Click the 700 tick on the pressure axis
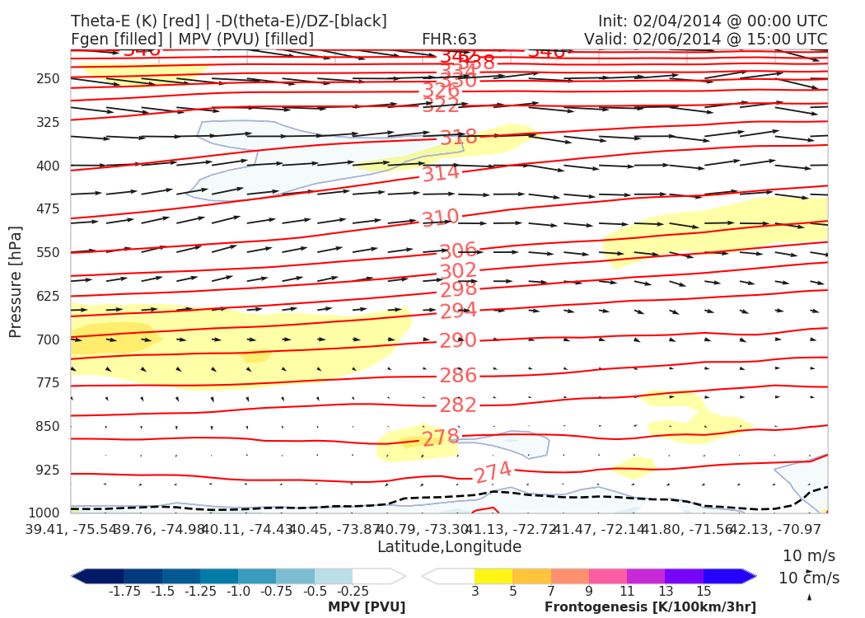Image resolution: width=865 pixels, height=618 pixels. coord(49,339)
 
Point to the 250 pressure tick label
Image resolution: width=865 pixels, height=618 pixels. coord(49,79)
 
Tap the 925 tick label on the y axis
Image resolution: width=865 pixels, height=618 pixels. coord(49,470)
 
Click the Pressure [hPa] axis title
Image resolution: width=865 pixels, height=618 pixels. coord(16,281)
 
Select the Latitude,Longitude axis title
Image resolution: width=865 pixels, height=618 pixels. coord(449,546)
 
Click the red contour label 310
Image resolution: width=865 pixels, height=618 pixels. coord(440,218)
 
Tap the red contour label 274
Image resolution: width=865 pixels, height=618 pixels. coord(493,472)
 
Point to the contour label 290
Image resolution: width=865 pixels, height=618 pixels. coord(458,341)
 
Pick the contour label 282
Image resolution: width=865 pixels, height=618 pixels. coord(458,405)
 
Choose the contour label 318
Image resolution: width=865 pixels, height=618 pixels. coord(458,138)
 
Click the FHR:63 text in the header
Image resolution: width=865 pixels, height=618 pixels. coord(449,39)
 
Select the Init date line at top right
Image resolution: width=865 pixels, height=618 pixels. coord(713,21)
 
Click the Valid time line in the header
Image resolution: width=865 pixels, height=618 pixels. coord(705,39)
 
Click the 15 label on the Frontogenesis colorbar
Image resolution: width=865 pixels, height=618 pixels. coord(703,592)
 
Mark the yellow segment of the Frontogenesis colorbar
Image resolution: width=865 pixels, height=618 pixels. coord(493,576)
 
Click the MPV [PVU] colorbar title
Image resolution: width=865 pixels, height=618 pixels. coord(367,607)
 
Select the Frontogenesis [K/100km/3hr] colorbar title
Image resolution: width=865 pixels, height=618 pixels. coord(650,607)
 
